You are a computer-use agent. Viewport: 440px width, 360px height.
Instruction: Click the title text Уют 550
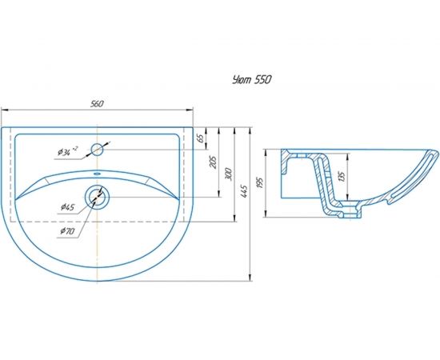pyautogui.click(x=252, y=80)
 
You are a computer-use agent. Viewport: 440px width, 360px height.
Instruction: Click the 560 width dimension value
pyautogui.click(x=97, y=104)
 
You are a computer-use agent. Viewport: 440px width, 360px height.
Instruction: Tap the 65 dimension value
pyautogui.click(x=200, y=138)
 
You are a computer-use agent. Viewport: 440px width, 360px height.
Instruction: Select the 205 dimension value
pyautogui.click(x=214, y=162)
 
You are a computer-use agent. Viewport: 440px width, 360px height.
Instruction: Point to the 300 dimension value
pyautogui.click(x=229, y=174)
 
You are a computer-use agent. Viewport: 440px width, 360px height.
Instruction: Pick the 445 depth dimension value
pyautogui.click(x=244, y=191)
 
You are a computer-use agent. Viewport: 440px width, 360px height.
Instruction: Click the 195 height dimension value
pyautogui.click(x=260, y=182)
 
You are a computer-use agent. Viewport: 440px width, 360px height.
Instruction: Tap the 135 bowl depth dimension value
pyautogui.click(x=342, y=177)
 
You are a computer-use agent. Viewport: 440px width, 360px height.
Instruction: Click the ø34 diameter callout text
pyautogui.click(x=67, y=151)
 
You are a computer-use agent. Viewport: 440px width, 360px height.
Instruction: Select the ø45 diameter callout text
pyautogui.click(x=68, y=207)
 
